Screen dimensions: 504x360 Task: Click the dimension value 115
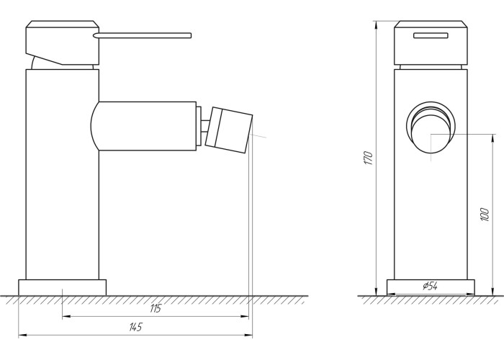tap(156, 308)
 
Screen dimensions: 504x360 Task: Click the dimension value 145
tap(135, 327)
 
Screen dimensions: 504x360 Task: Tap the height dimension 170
tap(369, 158)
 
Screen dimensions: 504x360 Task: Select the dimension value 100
tap(485, 215)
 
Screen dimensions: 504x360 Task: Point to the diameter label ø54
tap(431, 285)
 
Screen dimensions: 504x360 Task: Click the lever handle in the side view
tap(143, 35)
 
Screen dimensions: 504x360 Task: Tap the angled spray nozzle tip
tap(228, 130)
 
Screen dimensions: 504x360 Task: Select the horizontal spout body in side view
tap(144, 126)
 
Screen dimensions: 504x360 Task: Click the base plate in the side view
tap(62, 287)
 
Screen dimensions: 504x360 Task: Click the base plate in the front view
tap(431, 287)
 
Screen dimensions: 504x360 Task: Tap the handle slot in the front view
tap(431, 35)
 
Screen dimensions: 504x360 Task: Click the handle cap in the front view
tap(431, 42)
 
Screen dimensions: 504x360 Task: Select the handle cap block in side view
tap(63, 42)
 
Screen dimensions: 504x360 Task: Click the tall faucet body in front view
tap(431, 174)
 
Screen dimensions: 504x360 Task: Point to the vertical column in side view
tap(63, 174)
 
